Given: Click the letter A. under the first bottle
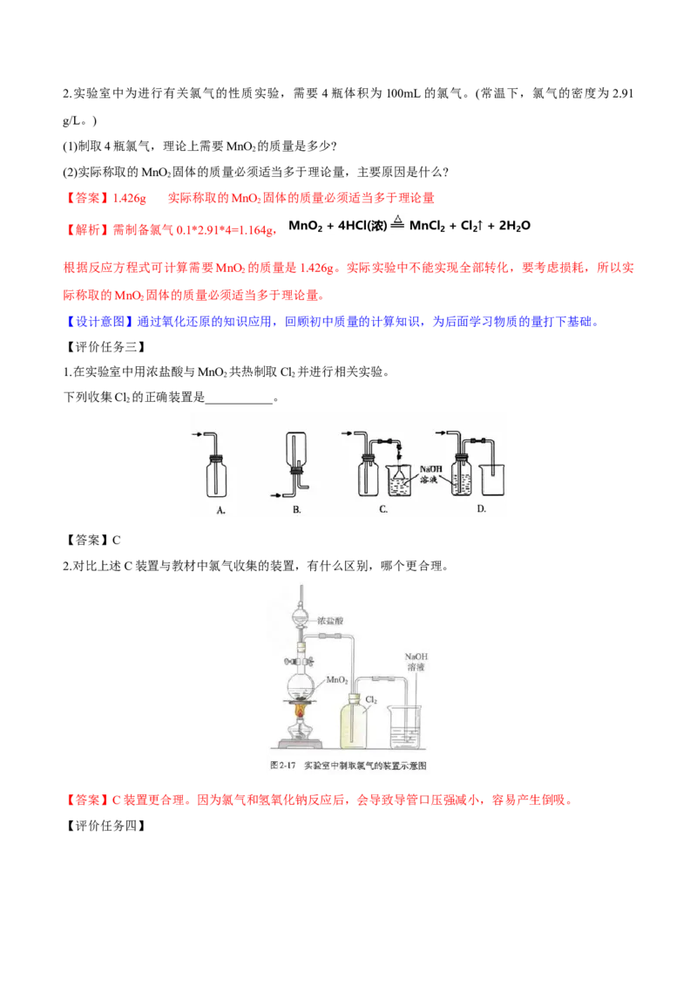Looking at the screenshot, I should pyautogui.click(x=220, y=512).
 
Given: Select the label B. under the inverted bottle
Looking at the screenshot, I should pyautogui.click(x=296, y=510).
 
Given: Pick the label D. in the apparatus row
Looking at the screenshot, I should pyautogui.click(x=481, y=509).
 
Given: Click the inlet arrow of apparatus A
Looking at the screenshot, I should pyautogui.click(x=198, y=433).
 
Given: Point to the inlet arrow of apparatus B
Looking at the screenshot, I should pyautogui.click(x=281, y=495).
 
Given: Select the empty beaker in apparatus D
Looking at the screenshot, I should pyautogui.click(x=492, y=478).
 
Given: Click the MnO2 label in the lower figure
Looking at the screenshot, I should pyautogui.click(x=338, y=679).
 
